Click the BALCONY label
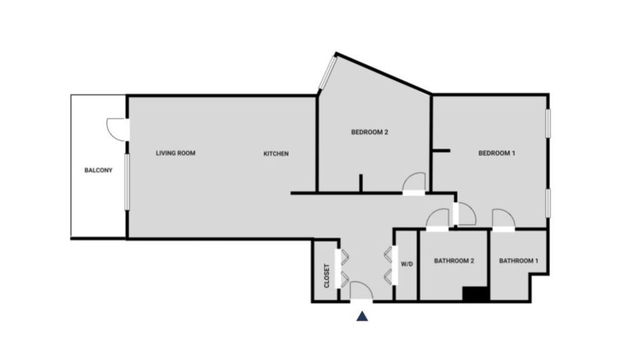click(98, 170)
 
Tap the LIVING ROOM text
click(176, 153)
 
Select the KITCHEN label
click(276, 154)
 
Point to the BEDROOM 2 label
click(369, 132)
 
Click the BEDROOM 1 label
click(497, 153)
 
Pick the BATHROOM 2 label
click(454, 261)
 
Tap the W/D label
click(407, 264)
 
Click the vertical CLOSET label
click(326, 276)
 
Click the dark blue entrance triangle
click(362, 316)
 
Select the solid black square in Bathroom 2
click(476, 294)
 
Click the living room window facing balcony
click(127, 182)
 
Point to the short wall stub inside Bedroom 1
click(441, 151)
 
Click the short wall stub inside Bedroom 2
click(361, 183)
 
